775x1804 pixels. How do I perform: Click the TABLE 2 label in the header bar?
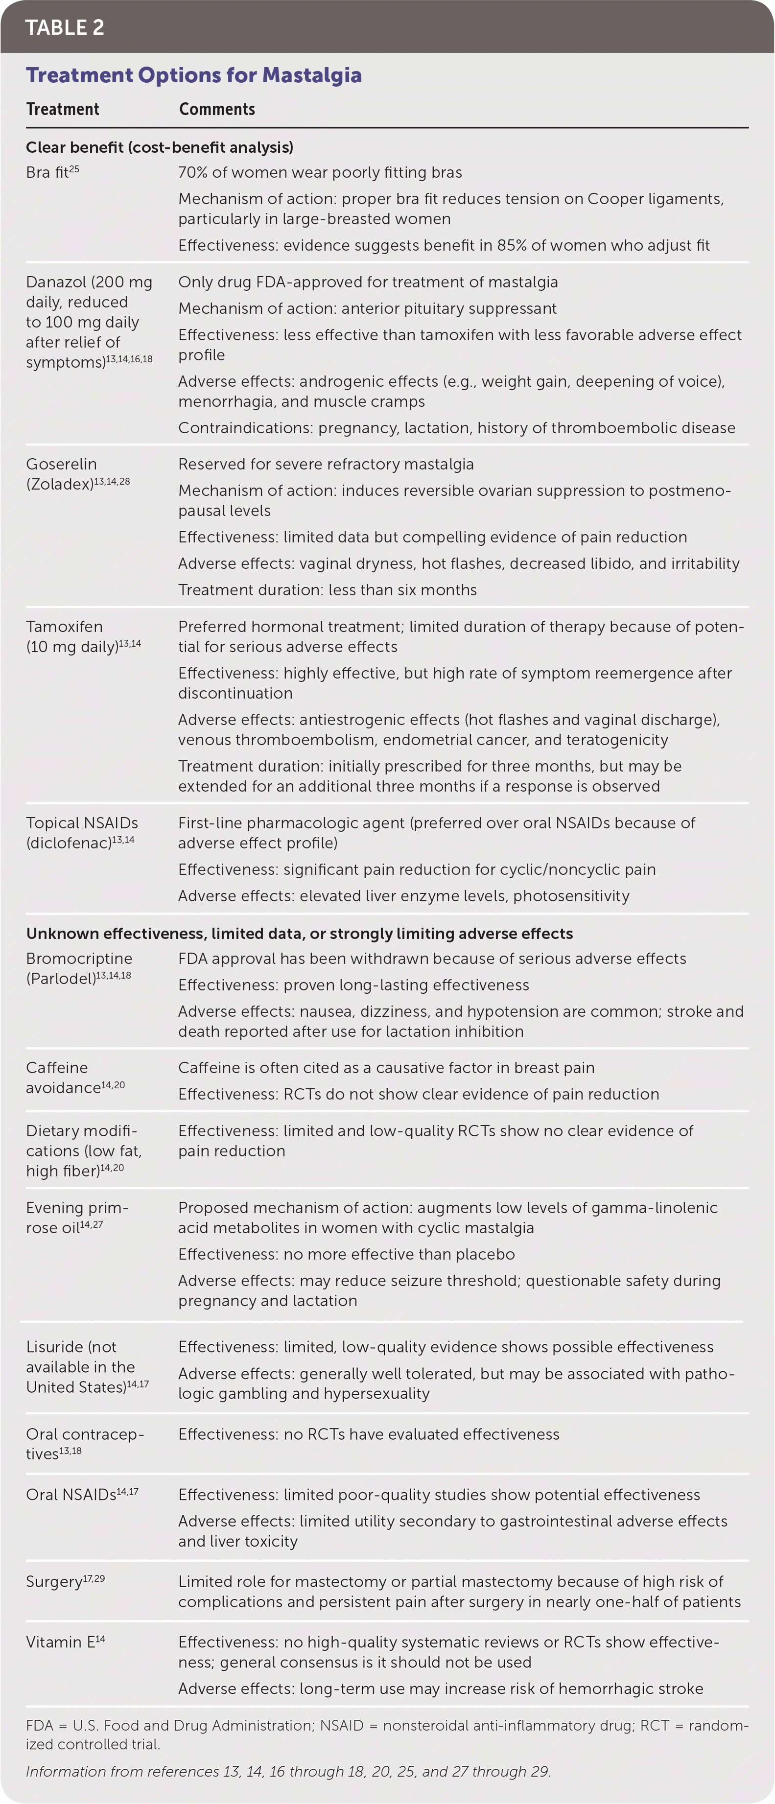coord(65,27)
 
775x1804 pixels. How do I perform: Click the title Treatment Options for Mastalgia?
coord(193,75)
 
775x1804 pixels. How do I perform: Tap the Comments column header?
coord(216,109)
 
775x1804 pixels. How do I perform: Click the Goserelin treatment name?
coord(61,464)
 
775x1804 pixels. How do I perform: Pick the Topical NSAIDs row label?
coord(82,823)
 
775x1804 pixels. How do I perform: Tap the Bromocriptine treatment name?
coord(79,959)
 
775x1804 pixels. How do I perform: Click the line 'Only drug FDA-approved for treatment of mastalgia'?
coord(368,282)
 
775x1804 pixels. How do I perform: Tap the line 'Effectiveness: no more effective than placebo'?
coord(346,1254)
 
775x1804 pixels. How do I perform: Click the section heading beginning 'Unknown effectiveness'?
coord(299,934)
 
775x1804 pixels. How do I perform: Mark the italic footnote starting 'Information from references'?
coord(288,1771)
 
